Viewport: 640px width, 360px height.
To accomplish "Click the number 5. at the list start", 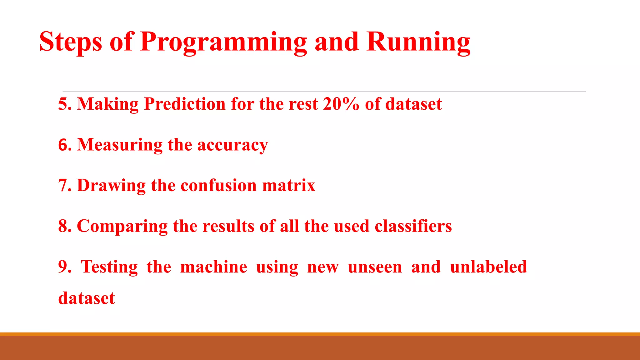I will pyautogui.click(x=65, y=104).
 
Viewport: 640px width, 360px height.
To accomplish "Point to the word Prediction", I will pyautogui.click(x=184, y=104).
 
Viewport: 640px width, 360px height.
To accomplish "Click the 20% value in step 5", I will pyautogui.click(x=341, y=104).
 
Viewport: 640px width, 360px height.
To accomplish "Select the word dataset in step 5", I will pyautogui.click(x=413, y=104).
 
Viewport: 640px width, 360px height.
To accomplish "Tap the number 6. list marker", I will pyautogui.click(x=65, y=145).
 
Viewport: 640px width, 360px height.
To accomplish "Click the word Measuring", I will pyautogui.click(x=120, y=145).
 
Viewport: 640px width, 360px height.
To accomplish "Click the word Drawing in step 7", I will pyautogui.click(x=111, y=186).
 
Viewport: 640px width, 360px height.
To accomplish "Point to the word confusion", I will pyautogui.click(x=218, y=186).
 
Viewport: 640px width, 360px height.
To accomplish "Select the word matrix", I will pyautogui.click(x=289, y=186).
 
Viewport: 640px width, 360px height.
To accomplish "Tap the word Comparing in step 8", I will pyautogui.click(x=122, y=226).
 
